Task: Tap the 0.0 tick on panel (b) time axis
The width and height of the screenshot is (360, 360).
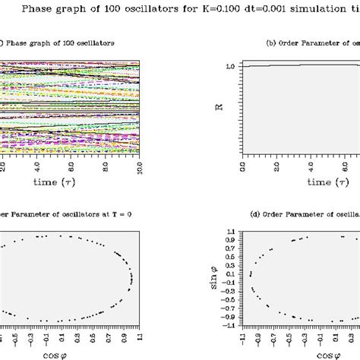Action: (242, 166)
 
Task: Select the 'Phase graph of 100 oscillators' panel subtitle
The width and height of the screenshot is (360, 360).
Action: (61, 43)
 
